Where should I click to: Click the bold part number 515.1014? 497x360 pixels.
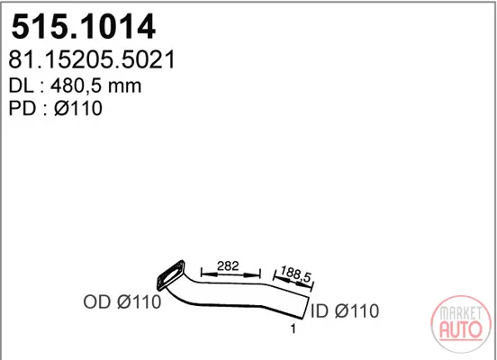[84, 27]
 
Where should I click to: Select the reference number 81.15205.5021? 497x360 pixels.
[92, 59]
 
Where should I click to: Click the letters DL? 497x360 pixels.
[21, 85]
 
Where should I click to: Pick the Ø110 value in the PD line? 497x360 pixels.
[78, 108]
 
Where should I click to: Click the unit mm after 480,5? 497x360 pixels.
[124, 87]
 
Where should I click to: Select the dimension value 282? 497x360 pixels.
[228, 265]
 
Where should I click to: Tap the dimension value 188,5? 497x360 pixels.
[295, 274]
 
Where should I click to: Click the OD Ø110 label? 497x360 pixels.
[122, 302]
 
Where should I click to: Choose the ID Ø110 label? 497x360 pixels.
[345, 311]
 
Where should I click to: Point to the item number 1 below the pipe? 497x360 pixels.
[294, 328]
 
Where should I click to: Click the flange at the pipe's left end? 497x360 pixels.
[171, 275]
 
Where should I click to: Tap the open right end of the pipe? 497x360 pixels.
[305, 308]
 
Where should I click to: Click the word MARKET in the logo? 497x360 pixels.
[461, 313]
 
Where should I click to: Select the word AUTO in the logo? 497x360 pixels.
[461, 329]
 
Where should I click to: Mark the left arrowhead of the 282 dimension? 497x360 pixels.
[207, 274]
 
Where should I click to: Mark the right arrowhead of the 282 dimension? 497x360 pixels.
[254, 275]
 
